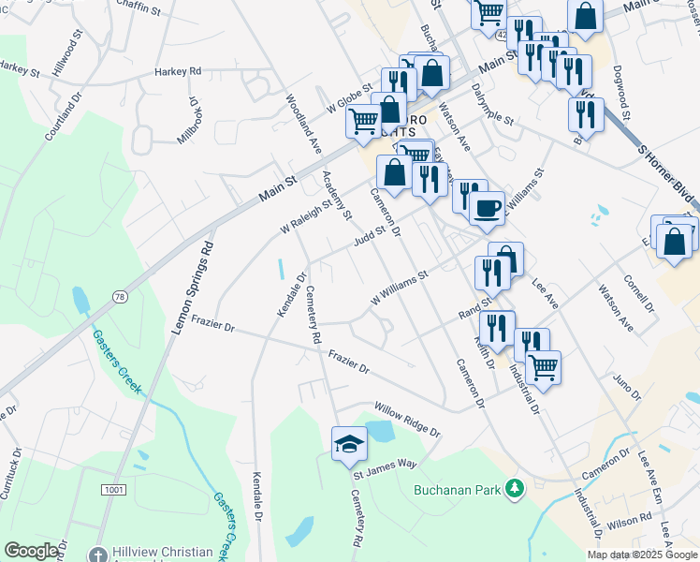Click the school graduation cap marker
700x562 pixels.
point(349,443)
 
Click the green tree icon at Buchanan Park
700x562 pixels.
point(513,488)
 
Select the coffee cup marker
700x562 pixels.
point(487,208)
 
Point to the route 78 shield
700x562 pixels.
point(118,296)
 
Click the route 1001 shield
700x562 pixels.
point(114,490)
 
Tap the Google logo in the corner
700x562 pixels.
point(31,551)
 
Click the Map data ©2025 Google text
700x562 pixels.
point(642,555)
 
